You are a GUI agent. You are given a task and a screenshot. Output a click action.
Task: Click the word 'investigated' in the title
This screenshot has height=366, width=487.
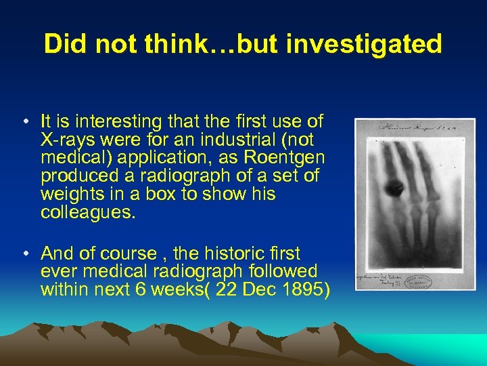click(364, 45)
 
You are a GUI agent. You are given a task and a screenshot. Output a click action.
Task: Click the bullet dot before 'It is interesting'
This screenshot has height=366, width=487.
click(24, 123)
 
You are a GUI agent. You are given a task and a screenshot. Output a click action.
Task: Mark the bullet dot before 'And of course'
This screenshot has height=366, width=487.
click(24, 254)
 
